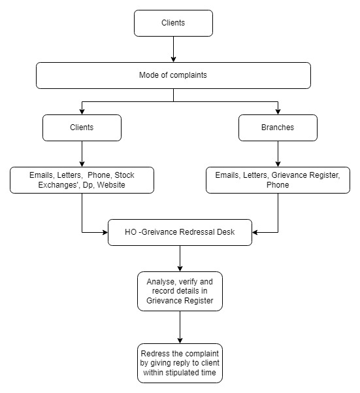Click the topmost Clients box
point(173,23)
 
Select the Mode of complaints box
point(173,75)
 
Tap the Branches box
point(278,128)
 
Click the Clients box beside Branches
point(82,128)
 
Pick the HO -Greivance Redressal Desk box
point(180,232)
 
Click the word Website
point(111,185)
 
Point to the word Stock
point(124,175)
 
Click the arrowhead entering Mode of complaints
point(173,60)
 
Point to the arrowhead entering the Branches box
point(278,112)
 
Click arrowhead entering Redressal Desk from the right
point(255,232)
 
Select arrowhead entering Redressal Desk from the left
point(105,232)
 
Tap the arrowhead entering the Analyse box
point(180,269)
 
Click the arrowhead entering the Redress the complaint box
point(180,341)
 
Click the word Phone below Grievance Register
point(278,185)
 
